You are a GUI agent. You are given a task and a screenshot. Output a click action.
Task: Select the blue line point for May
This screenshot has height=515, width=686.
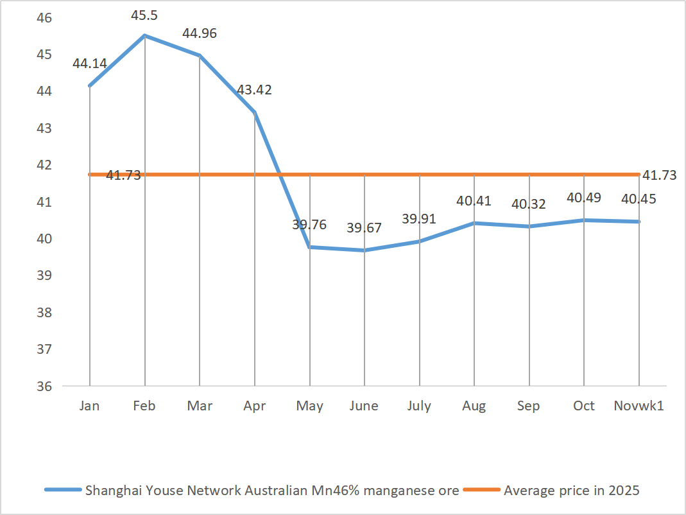click(x=310, y=247)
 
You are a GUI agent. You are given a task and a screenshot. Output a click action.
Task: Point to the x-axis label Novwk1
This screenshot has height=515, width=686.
click(x=639, y=406)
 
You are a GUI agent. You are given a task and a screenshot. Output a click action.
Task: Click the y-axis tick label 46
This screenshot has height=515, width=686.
click(x=44, y=17)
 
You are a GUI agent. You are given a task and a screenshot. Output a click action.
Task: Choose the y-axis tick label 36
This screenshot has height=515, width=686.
click(x=44, y=387)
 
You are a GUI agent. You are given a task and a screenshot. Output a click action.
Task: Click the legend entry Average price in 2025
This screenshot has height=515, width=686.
click(x=571, y=491)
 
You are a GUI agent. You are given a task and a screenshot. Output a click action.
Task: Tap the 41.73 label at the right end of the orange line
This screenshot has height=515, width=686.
click(x=659, y=175)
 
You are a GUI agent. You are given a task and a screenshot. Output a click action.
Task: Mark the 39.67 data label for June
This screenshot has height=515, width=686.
click(x=364, y=228)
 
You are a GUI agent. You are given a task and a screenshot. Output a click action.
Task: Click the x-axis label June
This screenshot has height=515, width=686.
click(x=364, y=406)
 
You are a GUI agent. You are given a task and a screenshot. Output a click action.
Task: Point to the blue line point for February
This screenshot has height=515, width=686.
click(x=145, y=35)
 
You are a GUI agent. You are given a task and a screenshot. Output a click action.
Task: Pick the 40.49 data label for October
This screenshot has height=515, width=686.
click(x=583, y=198)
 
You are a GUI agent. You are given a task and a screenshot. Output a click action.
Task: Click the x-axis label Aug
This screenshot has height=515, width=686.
click(x=474, y=406)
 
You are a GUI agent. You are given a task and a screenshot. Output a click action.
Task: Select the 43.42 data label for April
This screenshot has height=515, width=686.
click(x=254, y=90)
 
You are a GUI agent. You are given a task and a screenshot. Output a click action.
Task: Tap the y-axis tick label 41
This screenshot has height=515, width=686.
click(x=44, y=202)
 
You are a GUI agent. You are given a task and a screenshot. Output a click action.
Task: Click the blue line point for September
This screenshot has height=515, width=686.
click(x=529, y=226)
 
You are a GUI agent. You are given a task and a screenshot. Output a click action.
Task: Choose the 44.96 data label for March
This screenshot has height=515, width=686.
click(x=200, y=33)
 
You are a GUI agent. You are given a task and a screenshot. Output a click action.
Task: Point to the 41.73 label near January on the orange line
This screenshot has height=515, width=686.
click(x=123, y=175)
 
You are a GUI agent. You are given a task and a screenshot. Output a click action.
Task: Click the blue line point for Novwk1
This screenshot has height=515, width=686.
click(x=639, y=222)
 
